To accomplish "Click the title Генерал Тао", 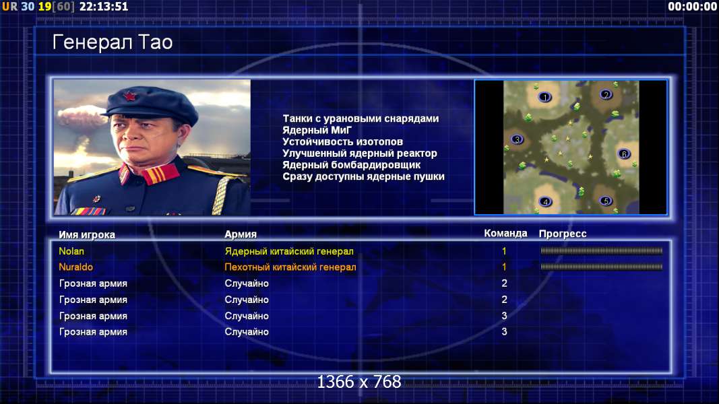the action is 113,42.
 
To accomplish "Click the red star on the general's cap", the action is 129,96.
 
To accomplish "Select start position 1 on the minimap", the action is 544,97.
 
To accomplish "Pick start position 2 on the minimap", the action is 606,94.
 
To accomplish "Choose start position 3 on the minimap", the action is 517,139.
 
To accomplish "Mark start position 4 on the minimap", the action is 545,201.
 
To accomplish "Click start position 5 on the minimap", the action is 606,201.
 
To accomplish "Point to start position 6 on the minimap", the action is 623,154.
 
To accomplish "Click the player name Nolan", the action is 71,251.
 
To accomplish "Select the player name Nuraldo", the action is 75,267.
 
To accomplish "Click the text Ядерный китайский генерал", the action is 289,251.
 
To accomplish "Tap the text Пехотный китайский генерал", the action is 290,267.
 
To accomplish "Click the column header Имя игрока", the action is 87,234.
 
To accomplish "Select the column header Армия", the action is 241,234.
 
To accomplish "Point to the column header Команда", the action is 505,234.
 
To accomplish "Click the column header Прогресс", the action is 562,234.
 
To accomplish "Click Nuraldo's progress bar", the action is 601,267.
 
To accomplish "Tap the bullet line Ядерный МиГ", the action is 317,130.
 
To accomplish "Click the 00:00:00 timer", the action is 693,7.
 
